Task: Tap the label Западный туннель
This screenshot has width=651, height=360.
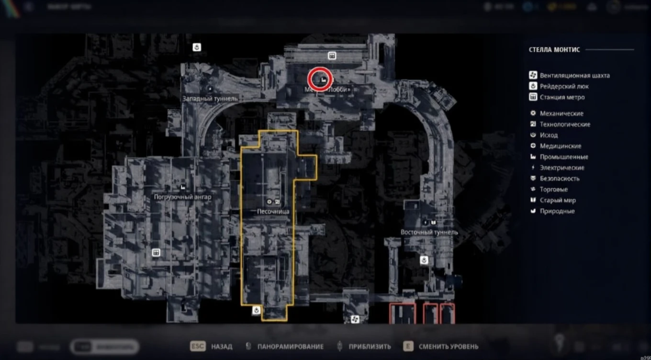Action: (x=210, y=98)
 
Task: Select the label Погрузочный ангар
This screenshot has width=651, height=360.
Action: (x=182, y=197)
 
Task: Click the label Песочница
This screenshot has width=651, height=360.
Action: (x=273, y=211)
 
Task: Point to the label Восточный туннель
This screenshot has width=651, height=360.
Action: (x=429, y=232)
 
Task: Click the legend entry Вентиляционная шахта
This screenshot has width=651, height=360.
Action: (x=574, y=75)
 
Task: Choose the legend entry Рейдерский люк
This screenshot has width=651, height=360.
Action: (x=564, y=86)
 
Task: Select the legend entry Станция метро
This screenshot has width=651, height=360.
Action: (x=562, y=97)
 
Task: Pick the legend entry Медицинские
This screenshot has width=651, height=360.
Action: (x=561, y=146)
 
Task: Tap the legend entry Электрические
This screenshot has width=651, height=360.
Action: (x=562, y=168)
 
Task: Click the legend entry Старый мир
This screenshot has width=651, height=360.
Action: (x=558, y=200)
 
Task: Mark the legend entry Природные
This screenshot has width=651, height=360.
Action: (x=557, y=211)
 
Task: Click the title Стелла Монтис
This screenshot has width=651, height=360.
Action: (x=554, y=49)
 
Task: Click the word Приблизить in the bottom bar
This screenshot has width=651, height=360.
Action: (x=370, y=347)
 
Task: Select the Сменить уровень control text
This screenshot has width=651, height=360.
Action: (x=448, y=347)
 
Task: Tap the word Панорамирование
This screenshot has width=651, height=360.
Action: (x=290, y=347)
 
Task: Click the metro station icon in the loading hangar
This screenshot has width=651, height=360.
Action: (x=156, y=252)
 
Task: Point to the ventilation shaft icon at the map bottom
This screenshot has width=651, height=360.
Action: (x=355, y=319)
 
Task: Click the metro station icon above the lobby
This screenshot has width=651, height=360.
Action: (x=331, y=56)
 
